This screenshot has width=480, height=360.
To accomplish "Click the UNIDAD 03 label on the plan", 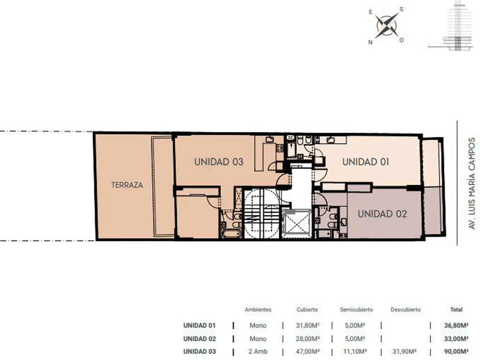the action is (219, 162).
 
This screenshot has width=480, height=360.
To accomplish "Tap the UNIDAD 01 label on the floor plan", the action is (366, 162).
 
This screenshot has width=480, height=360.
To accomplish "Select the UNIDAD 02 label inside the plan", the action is (382, 214).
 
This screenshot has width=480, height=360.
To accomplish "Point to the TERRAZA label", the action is (127, 185).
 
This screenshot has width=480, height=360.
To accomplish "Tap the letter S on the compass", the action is (401, 9).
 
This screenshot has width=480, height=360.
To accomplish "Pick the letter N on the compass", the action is (370, 42).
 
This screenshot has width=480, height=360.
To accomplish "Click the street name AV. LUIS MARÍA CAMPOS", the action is (472, 183).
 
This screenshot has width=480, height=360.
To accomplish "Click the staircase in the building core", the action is (262, 214).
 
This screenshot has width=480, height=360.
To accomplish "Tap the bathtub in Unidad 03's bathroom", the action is (231, 234).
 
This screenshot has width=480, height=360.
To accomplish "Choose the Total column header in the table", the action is (456, 309).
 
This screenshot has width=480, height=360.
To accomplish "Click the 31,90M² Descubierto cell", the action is (405, 352).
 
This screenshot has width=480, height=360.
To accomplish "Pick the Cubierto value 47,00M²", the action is (307, 352).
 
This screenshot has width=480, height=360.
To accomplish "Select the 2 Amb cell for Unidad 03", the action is (258, 352).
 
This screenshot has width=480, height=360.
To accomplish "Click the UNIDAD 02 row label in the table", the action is (200, 339).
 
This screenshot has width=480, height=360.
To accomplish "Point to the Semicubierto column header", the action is (356, 309).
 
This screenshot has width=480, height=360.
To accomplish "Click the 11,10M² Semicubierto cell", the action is (355, 352).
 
